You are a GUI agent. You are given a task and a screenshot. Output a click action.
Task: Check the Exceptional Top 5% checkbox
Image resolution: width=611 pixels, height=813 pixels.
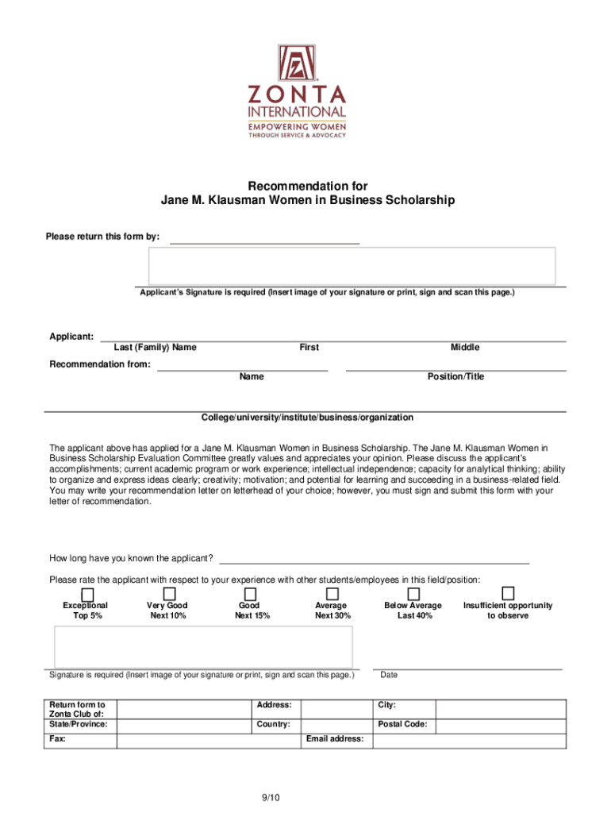87,594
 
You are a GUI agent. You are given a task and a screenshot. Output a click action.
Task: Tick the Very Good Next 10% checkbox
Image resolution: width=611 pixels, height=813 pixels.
169,594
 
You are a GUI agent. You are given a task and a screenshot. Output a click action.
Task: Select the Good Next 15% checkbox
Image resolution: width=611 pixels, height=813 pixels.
250,594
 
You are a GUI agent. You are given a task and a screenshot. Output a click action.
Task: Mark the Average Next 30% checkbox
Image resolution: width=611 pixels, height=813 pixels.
332,594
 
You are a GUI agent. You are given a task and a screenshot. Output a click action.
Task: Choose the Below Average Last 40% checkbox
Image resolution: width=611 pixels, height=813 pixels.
413,594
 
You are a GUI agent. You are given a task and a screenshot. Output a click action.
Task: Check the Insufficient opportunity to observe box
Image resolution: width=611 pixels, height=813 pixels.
508,594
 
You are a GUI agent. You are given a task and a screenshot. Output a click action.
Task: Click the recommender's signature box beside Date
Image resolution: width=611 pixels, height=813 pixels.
203,646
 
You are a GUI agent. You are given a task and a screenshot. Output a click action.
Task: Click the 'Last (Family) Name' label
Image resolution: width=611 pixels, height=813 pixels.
155,347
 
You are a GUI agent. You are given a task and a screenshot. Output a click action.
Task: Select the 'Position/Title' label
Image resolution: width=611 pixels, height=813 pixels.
455,376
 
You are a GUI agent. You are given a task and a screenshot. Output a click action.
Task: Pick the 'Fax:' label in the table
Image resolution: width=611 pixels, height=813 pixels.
58,739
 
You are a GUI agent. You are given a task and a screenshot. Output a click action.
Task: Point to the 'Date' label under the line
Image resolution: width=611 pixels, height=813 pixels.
389,675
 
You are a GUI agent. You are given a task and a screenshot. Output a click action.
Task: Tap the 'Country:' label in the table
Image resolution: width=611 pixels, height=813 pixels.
273,724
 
